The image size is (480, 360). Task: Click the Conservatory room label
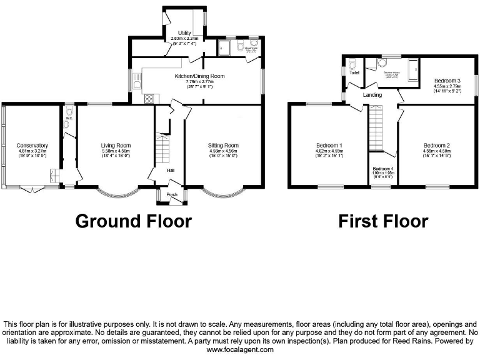point(33,145)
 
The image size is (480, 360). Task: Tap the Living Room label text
point(116,145)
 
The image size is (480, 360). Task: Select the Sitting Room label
point(223,145)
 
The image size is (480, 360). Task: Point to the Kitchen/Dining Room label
point(199,76)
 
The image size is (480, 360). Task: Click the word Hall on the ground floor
point(170,170)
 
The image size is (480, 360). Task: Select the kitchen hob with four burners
point(150,98)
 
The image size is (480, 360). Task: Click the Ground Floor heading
point(133,221)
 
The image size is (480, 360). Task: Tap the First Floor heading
point(383,221)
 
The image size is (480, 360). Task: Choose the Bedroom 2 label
point(436,145)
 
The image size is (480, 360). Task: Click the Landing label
point(374,95)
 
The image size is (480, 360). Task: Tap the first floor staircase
point(376,128)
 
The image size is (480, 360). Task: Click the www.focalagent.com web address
point(240,349)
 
